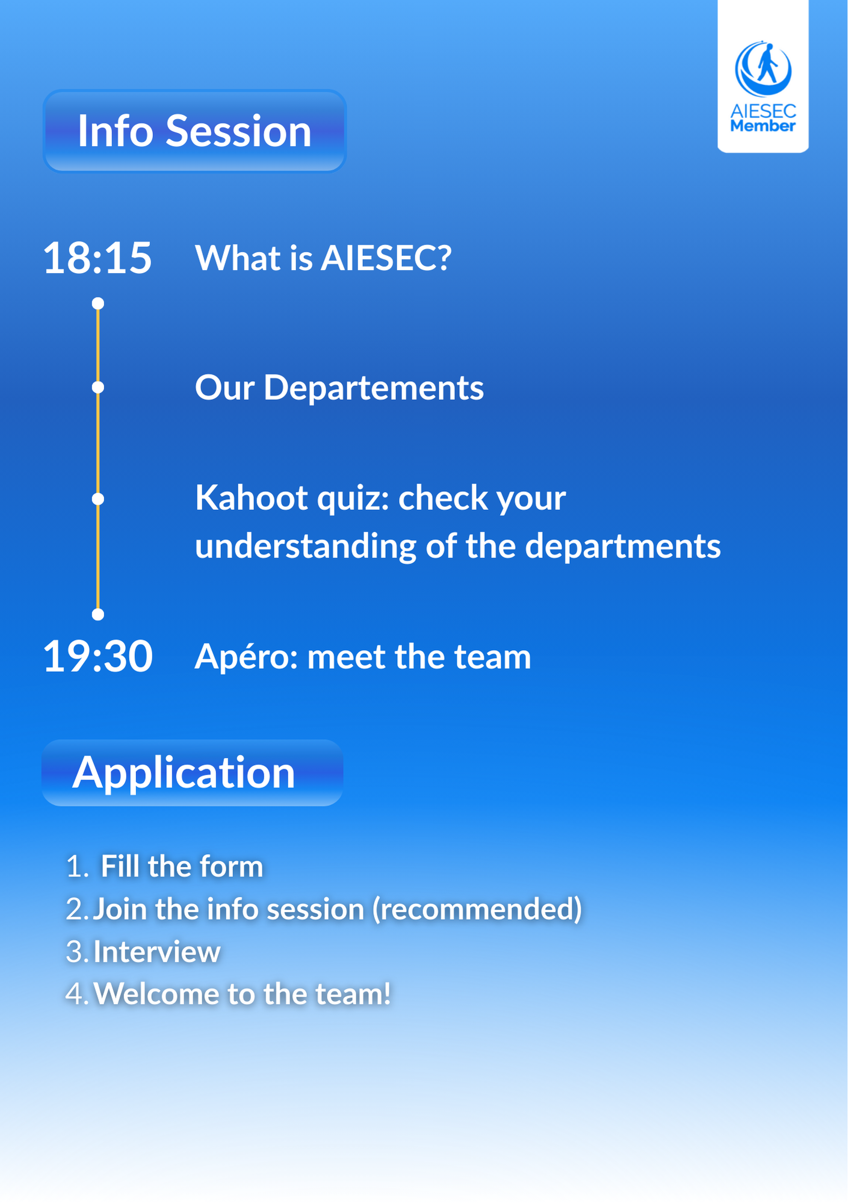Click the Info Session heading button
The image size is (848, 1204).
[x=194, y=131]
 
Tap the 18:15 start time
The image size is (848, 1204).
[x=97, y=258]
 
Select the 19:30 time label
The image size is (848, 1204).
[x=97, y=656]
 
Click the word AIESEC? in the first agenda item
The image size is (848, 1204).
[x=386, y=258]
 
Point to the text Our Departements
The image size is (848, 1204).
[x=339, y=387]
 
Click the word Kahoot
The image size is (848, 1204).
[x=252, y=498]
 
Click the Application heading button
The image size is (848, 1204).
[x=193, y=772]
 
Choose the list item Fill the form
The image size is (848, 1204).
[x=182, y=866]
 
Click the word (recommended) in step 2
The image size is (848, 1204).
[x=477, y=909]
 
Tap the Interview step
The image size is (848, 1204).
[x=156, y=952]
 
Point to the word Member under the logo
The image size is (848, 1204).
[x=763, y=126]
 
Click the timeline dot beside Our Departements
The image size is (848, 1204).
[x=98, y=387]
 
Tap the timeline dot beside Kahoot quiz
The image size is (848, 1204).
[x=98, y=499]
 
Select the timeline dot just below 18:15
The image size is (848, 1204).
[x=98, y=303]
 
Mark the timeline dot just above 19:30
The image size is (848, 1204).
[x=98, y=614]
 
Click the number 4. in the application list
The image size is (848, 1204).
[x=78, y=994]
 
